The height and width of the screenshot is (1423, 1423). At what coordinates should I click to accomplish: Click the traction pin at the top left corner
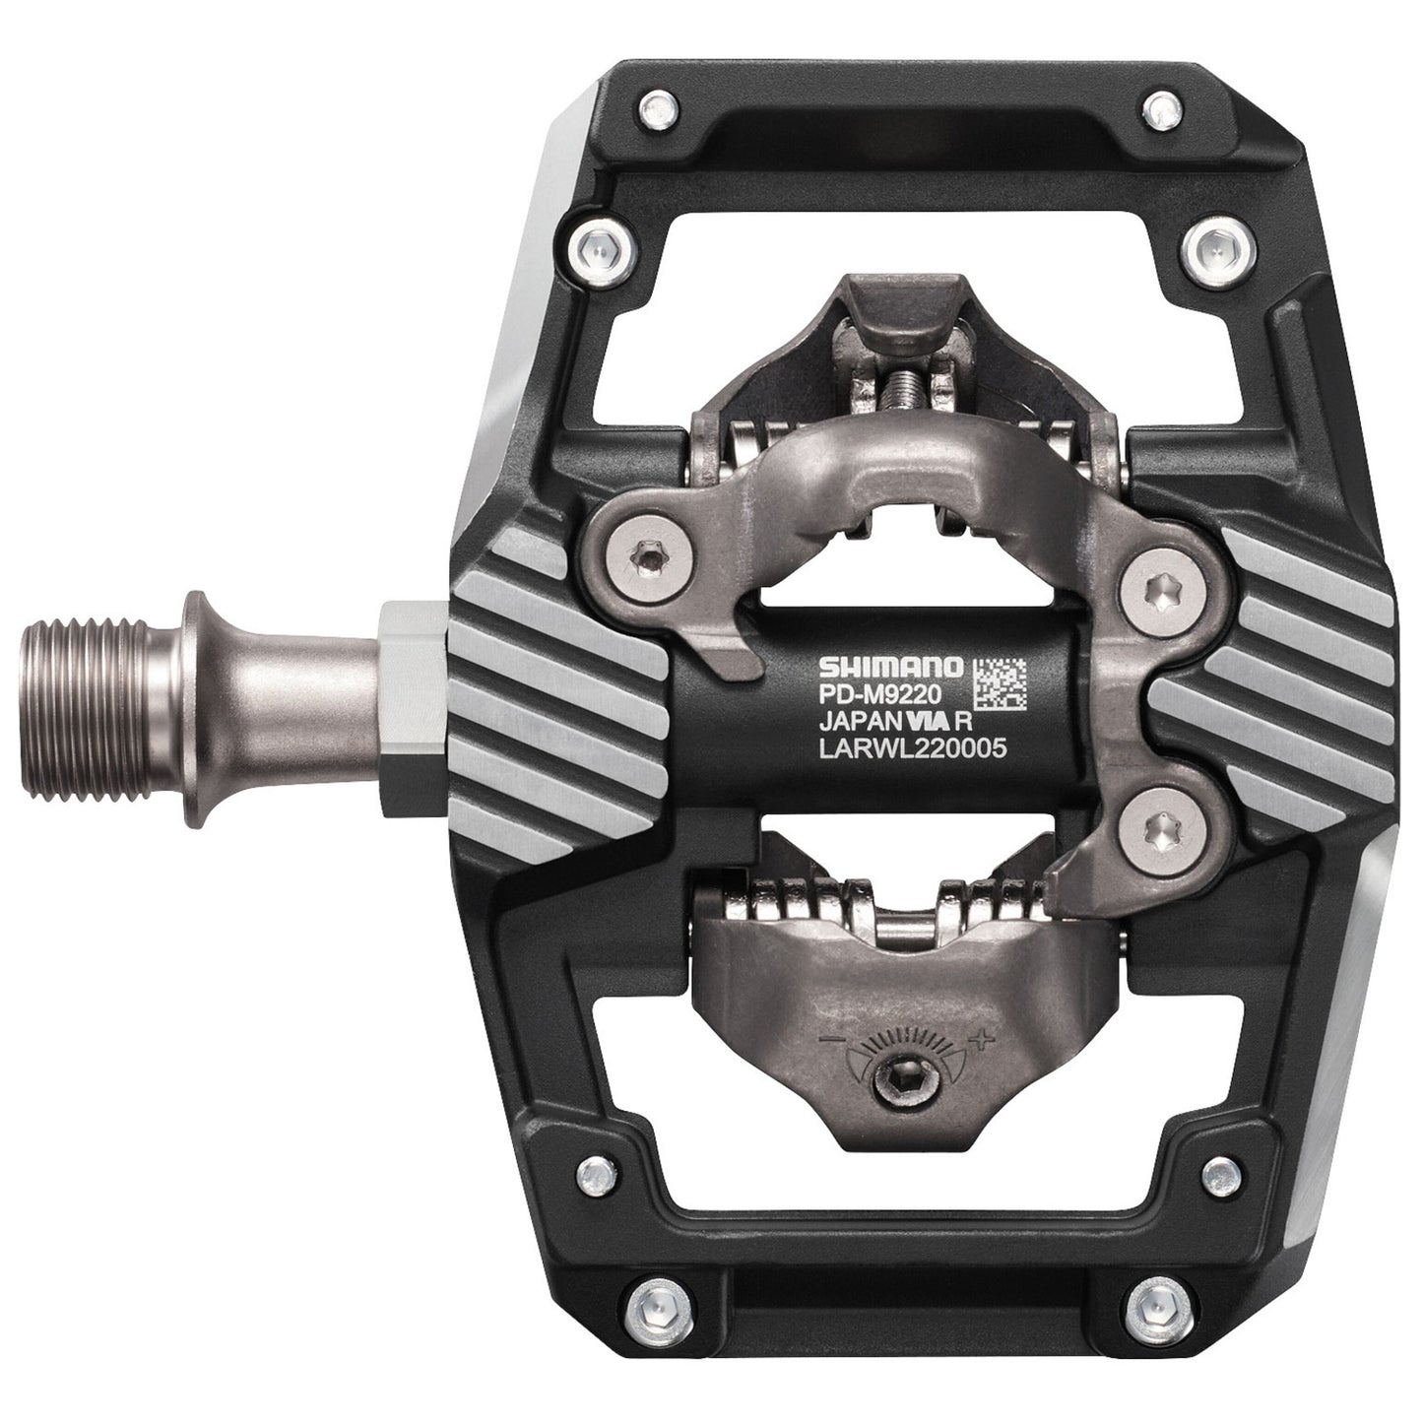click(x=652, y=103)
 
